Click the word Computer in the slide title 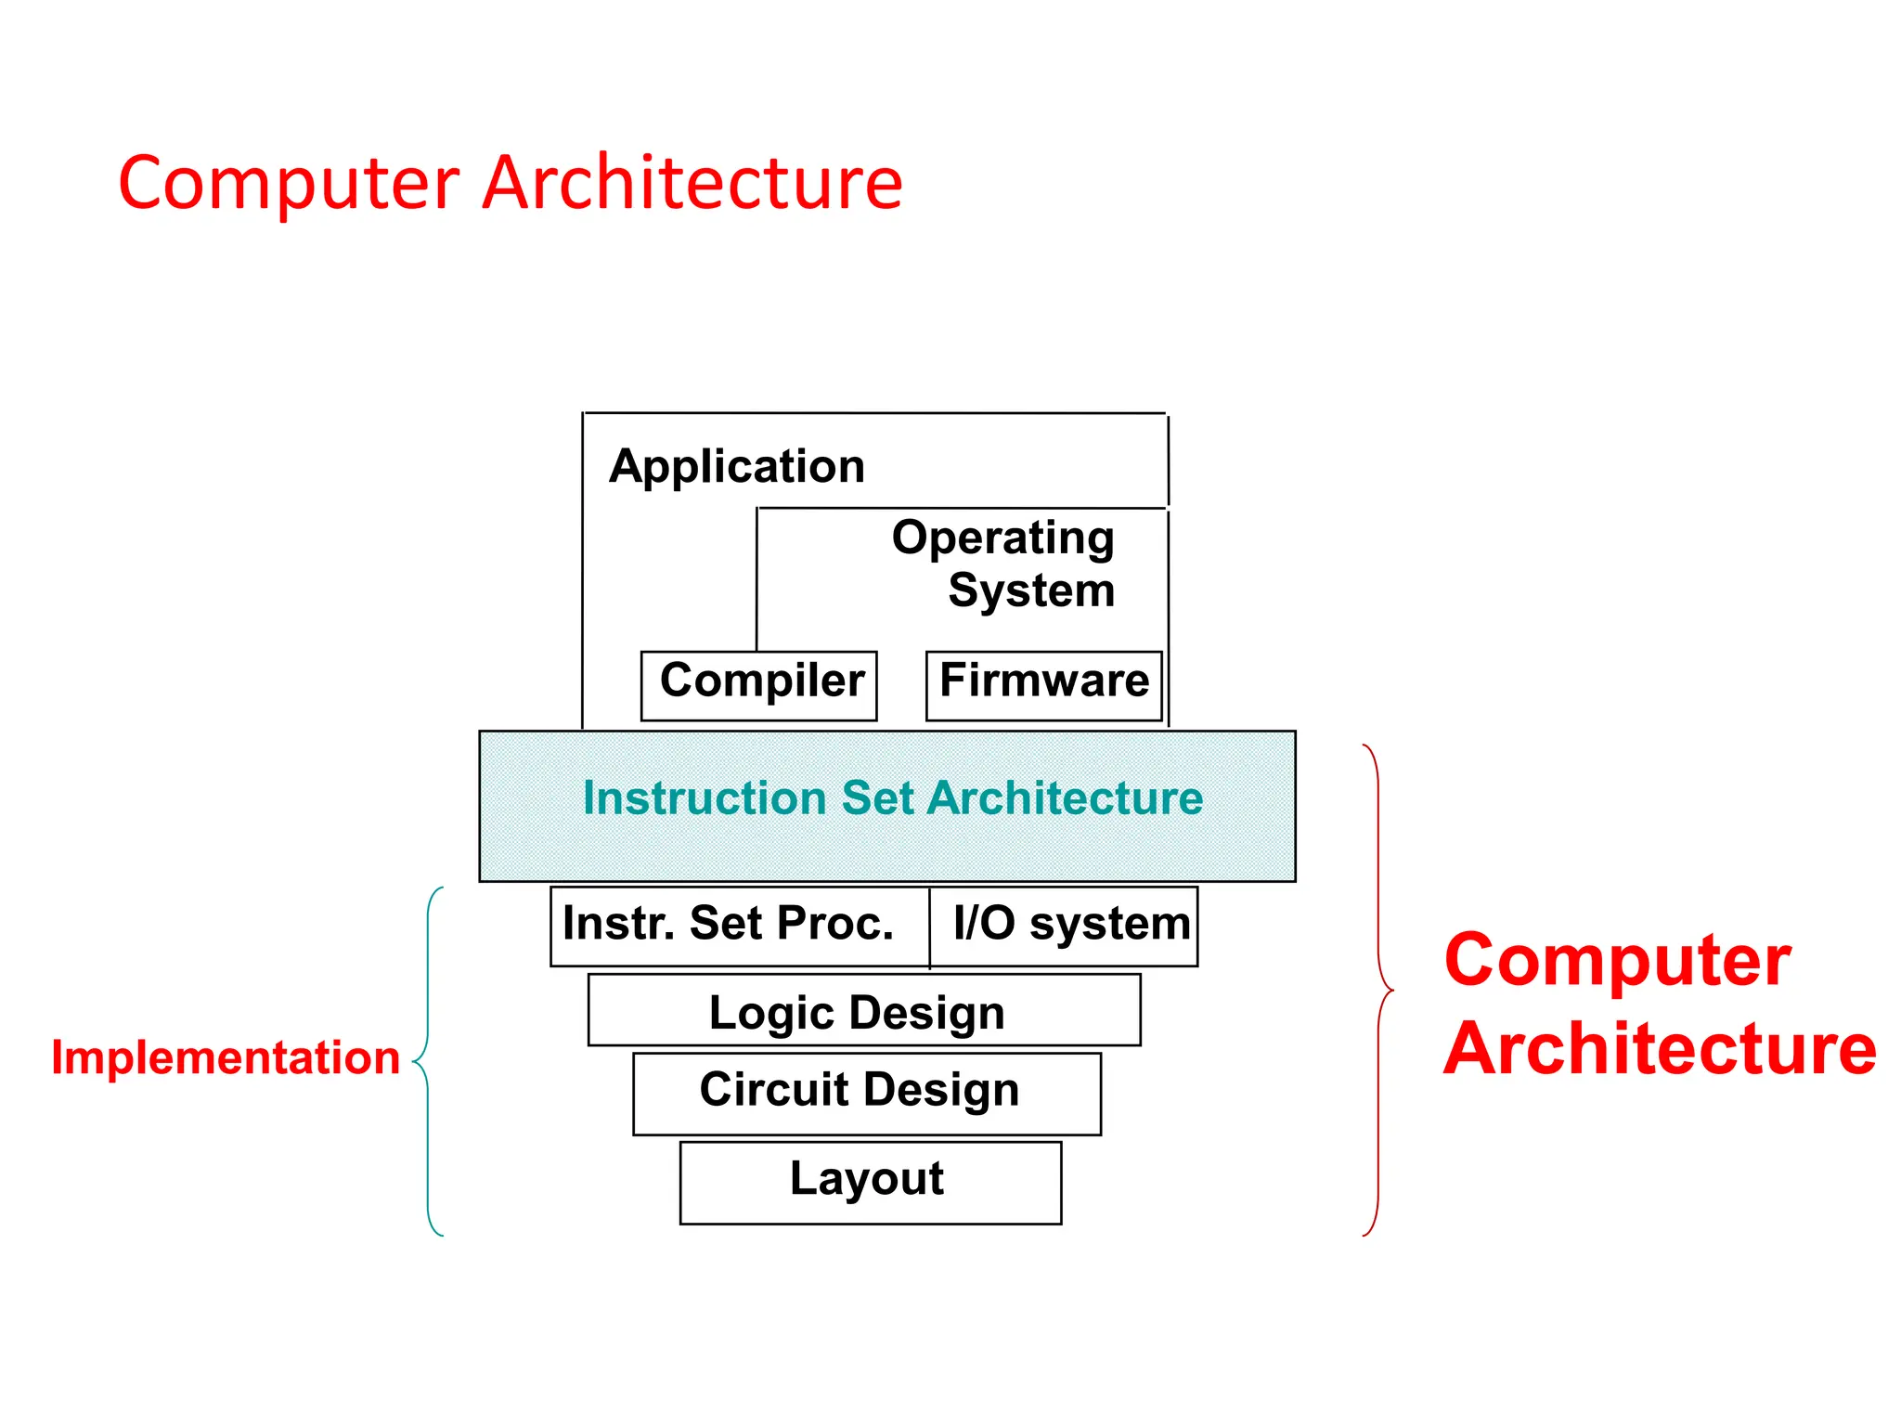click(x=289, y=183)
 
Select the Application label click(x=737, y=466)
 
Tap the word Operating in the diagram click(x=1002, y=538)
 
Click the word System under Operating click(x=1031, y=590)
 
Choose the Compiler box click(x=759, y=685)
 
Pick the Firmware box click(x=1043, y=685)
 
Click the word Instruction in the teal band click(x=705, y=798)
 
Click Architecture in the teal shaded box click(x=1066, y=798)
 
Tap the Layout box click(x=870, y=1182)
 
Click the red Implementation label click(x=226, y=1057)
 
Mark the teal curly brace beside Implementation click(x=427, y=1059)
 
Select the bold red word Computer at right click(x=1618, y=961)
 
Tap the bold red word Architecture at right click(x=1660, y=1050)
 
